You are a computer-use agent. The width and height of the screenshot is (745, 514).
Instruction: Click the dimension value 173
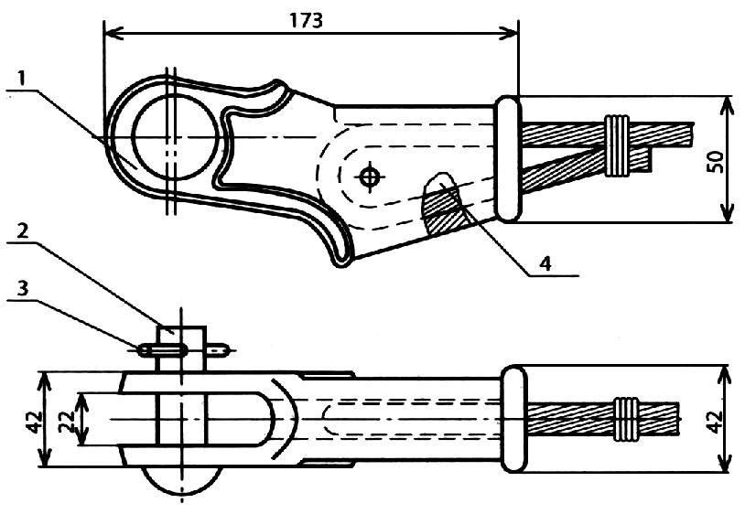tap(307, 20)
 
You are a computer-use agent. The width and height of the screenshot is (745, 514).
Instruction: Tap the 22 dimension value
tap(67, 420)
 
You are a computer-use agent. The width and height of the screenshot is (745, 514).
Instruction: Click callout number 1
tap(22, 78)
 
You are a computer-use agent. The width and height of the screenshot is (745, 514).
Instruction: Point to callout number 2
tap(22, 231)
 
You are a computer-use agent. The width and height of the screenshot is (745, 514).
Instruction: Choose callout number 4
tap(545, 262)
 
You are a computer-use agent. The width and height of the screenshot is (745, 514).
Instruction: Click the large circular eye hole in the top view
tap(175, 137)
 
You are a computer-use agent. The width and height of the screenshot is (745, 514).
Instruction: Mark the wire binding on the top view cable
tap(617, 145)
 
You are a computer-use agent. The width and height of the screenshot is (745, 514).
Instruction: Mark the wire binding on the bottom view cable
tap(626, 420)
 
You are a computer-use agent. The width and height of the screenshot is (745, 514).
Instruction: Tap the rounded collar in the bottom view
tap(514, 419)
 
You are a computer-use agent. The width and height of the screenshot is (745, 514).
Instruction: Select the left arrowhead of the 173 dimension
tap(114, 33)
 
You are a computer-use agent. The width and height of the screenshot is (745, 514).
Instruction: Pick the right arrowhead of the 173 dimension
tap(507, 33)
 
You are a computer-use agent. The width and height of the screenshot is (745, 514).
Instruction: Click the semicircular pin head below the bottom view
tap(181, 480)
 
